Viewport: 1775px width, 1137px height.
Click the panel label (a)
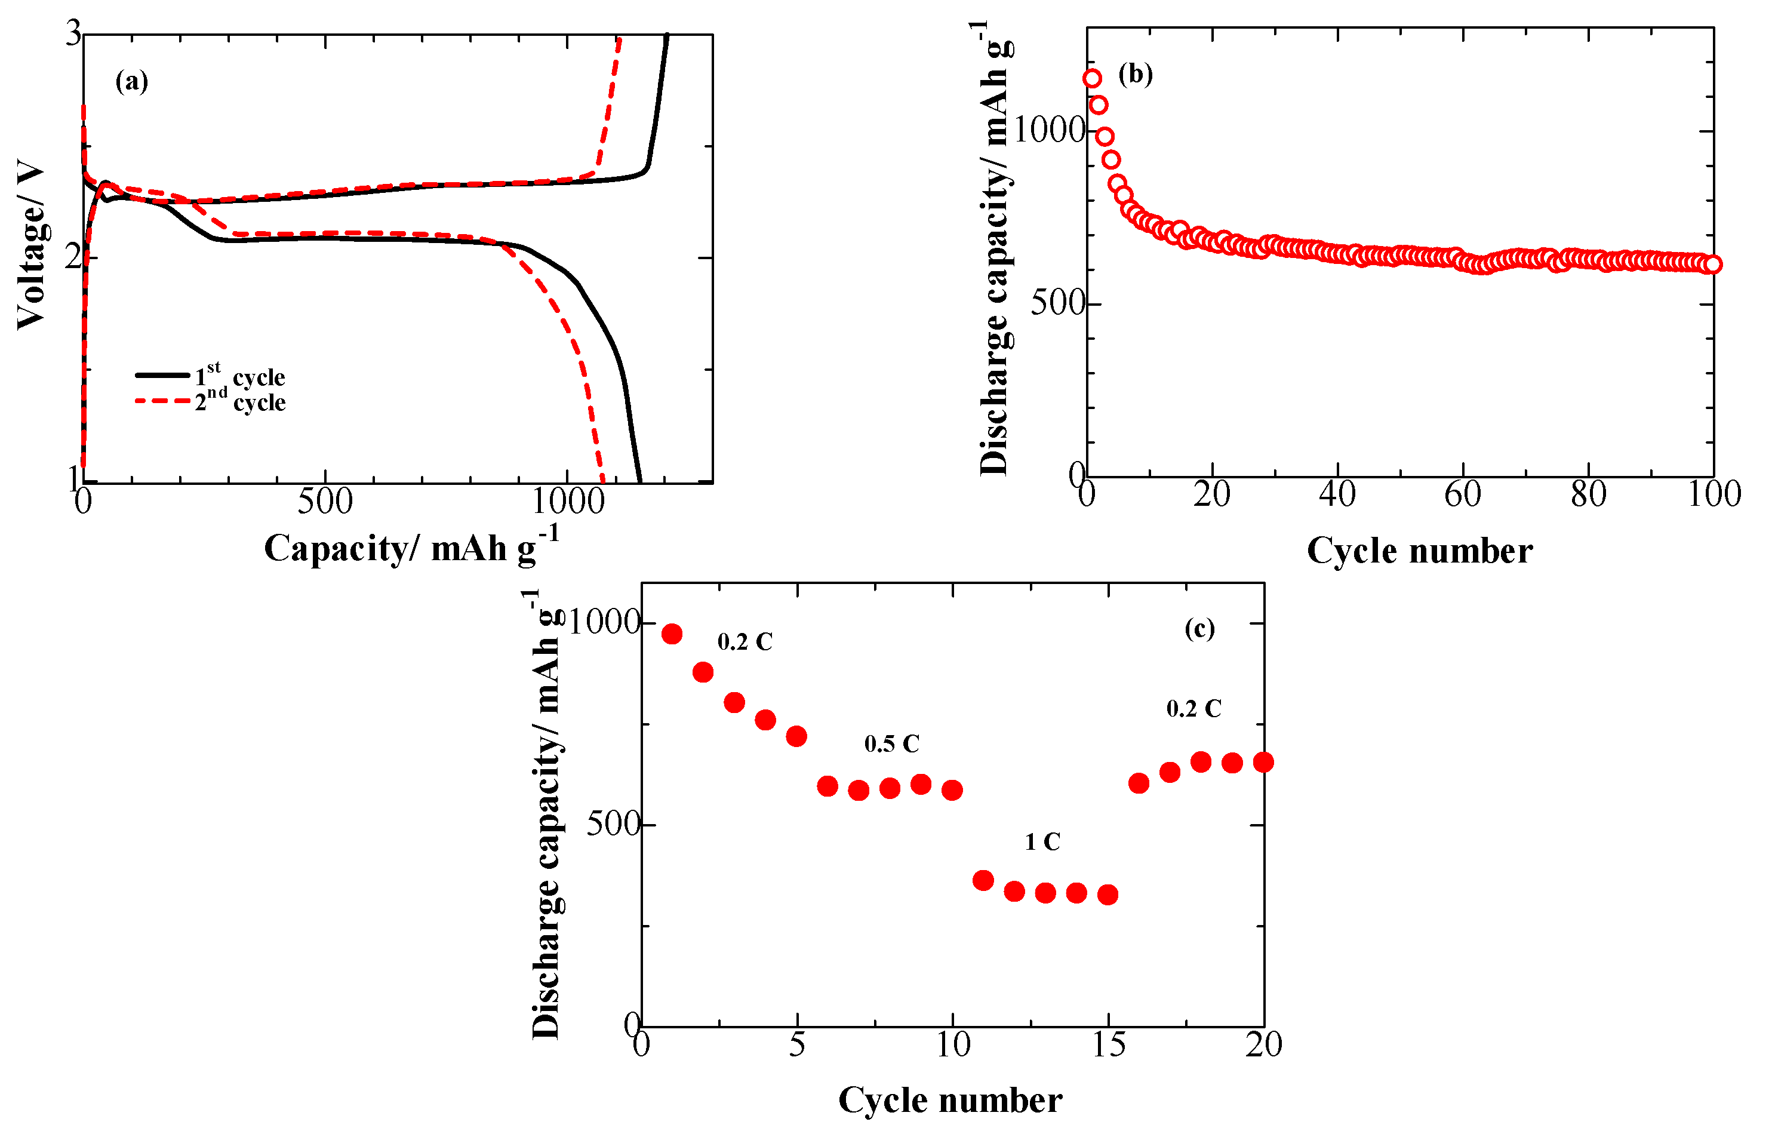pos(132,81)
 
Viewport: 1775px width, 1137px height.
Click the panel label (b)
pos(1135,74)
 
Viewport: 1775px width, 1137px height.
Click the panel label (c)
pos(1199,628)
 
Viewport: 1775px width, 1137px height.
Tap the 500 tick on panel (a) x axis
pos(325,503)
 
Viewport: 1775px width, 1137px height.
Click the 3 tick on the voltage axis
pos(73,34)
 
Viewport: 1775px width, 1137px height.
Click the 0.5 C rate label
pos(891,744)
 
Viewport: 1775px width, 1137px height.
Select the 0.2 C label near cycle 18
pos(1193,709)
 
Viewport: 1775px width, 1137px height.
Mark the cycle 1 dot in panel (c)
pos(672,634)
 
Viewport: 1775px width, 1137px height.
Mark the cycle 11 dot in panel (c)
pos(983,880)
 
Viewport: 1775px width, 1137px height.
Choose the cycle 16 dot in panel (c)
pos(1139,783)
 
